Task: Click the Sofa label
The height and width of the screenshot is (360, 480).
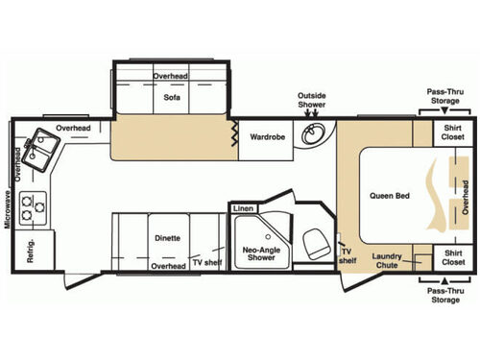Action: click(172, 98)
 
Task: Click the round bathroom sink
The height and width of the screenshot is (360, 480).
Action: click(313, 135)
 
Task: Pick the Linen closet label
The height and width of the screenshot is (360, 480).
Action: click(242, 208)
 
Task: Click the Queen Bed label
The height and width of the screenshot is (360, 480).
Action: click(389, 196)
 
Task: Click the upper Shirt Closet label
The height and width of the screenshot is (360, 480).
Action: click(452, 132)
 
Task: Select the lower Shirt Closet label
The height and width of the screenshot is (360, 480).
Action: click(452, 258)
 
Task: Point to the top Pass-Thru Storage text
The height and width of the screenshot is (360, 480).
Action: click(446, 99)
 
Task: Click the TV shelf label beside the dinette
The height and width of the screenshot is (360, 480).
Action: click(204, 262)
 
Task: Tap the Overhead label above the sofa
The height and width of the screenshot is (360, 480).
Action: click(172, 76)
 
